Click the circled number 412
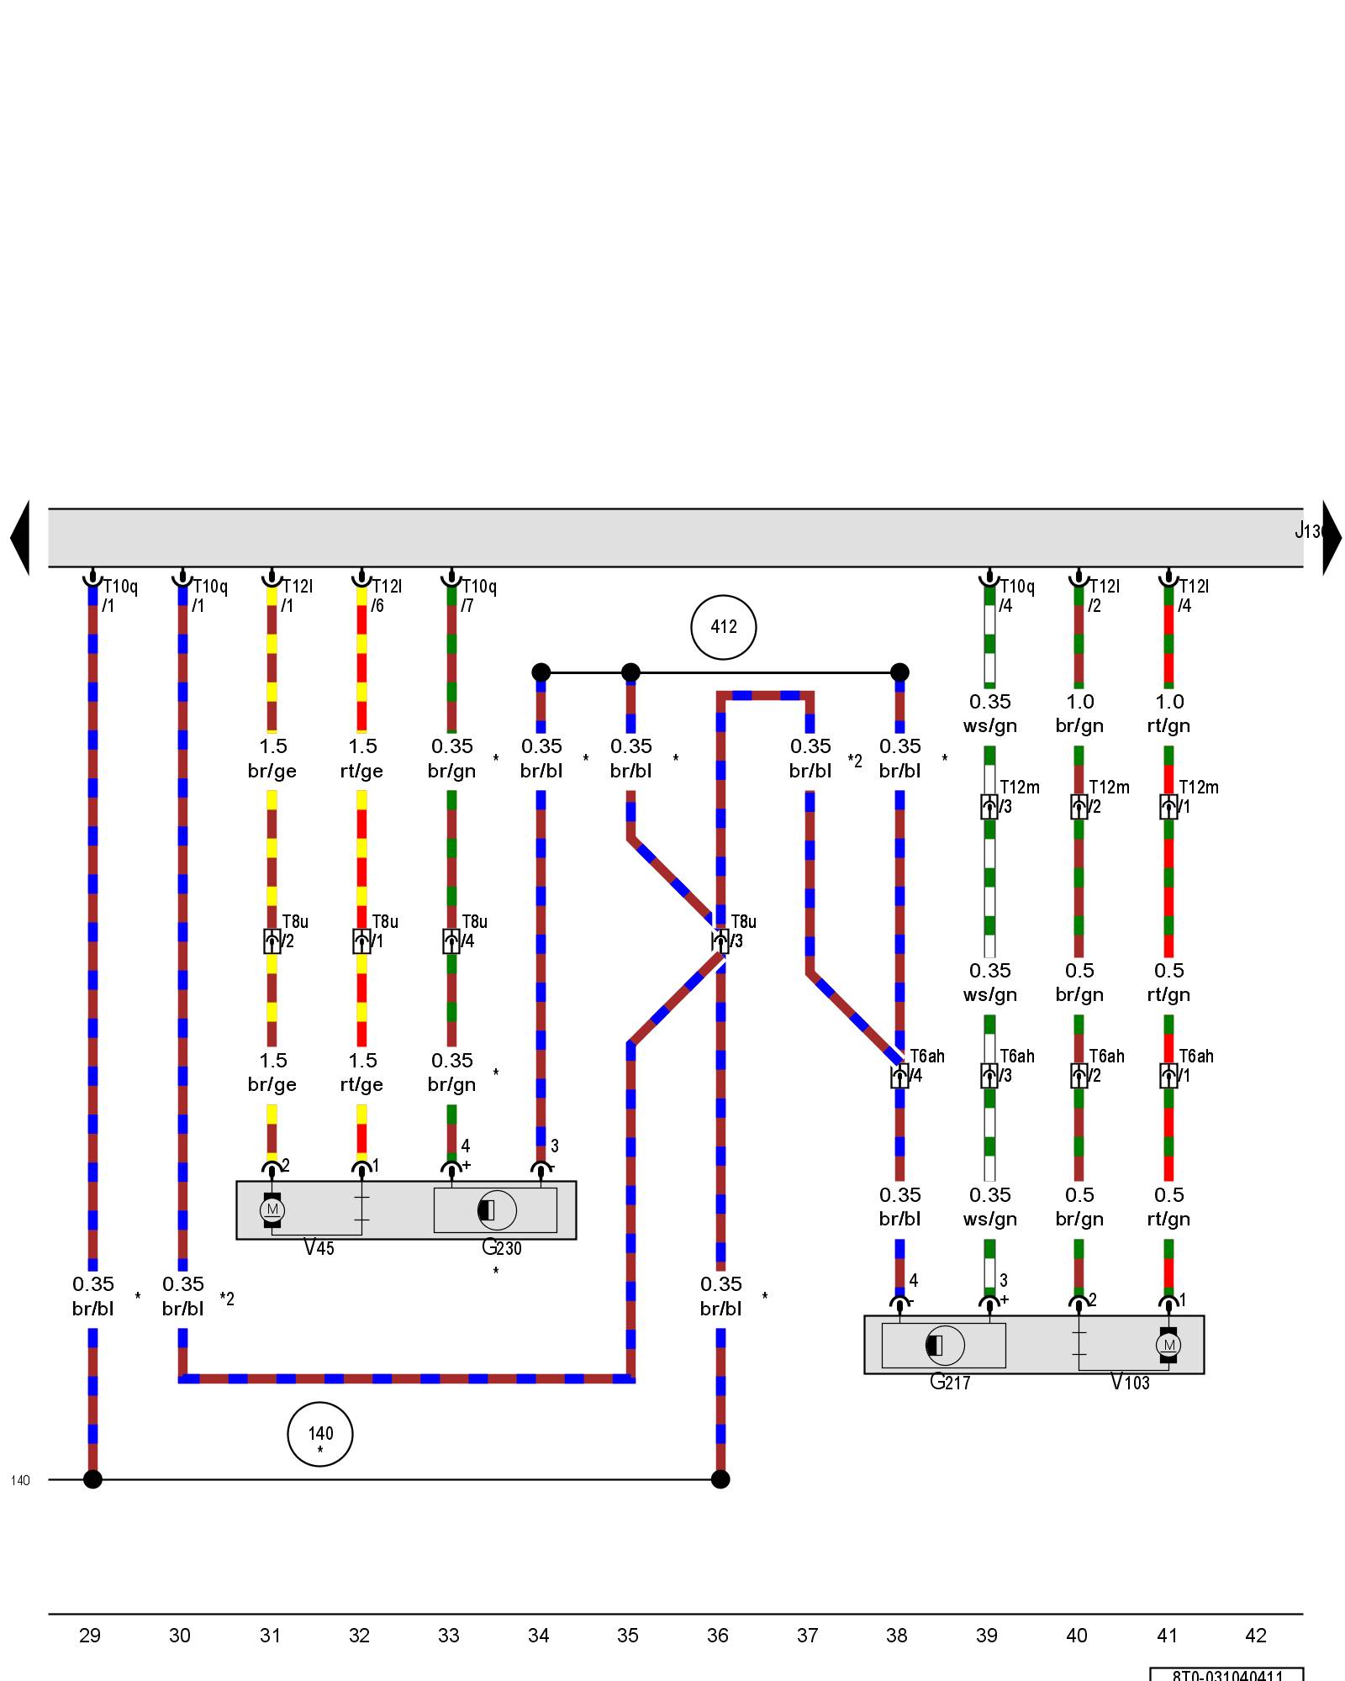coord(723,627)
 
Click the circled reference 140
coord(320,1434)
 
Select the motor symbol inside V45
coord(272,1209)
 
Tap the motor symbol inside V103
coord(1168,1345)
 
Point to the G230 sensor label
coord(501,1247)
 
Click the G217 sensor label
coord(950,1382)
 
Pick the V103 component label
coord(1130,1382)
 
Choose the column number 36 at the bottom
coord(718,1636)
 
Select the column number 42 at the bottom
coord(1255,1636)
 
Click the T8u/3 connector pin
coord(720,941)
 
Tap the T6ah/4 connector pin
coord(899,1076)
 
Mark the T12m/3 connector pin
coord(989,807)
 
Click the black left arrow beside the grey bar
coord(20,538)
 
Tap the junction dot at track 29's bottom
coord(92,1479)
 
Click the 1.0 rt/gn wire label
coord(1168,714)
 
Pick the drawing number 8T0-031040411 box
coord(1226,1673)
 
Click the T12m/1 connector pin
coord(1168,807)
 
